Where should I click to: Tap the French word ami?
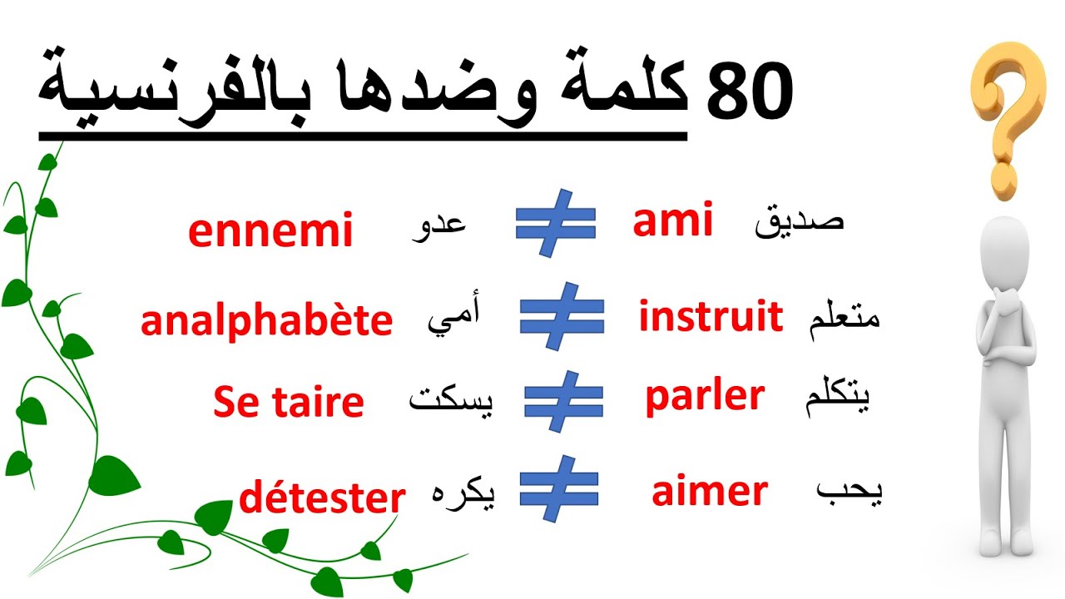point(672,222)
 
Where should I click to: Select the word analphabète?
point(266,321)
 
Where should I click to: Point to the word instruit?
point(711,317)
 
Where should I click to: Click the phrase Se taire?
point(288,403)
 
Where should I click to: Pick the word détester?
point(322,498)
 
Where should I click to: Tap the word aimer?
point(709,493)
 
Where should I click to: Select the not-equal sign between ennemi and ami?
point(555,222)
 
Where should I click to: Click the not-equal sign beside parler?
point(562,401)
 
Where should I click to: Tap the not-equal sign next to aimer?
point(559,488)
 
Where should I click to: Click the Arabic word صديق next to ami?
point(799,223)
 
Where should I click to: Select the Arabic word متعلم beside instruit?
point(843,318)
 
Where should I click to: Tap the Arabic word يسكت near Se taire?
point(450,403)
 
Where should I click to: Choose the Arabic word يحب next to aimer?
point(847,493)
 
